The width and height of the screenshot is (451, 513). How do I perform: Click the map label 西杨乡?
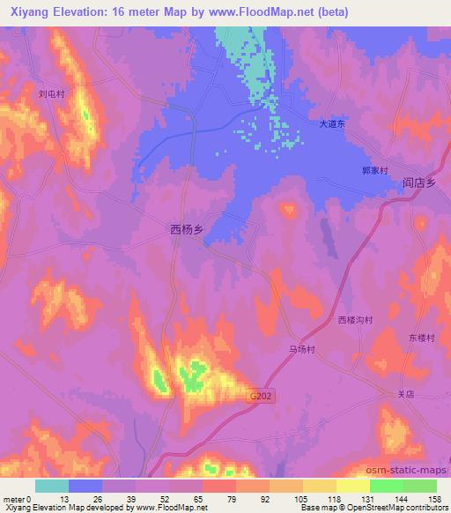point(186,229)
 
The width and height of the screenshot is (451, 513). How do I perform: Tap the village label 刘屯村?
point(52,92)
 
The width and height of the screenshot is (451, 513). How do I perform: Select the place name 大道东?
point(334,126)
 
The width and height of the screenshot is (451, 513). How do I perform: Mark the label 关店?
point(405,395)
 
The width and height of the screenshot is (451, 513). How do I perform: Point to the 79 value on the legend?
point(218,498)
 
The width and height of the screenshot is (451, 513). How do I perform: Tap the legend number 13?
point(69,498)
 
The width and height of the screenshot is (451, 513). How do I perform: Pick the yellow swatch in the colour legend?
point(353,486)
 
